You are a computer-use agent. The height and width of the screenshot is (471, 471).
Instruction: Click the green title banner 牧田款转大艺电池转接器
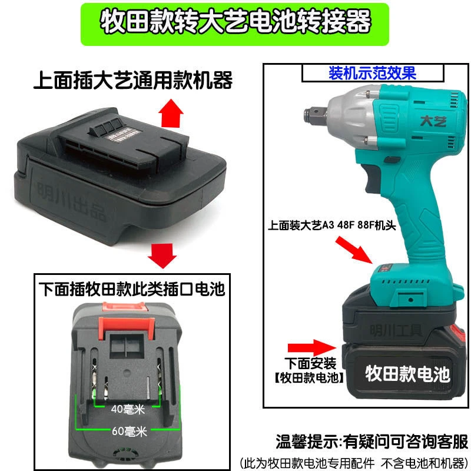point(235,24)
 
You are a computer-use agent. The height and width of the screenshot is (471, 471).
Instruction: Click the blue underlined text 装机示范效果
point(372,74)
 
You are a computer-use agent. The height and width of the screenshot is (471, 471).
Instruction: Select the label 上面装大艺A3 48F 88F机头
point(319,224)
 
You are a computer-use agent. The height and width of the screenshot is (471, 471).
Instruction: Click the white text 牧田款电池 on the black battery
point(407,373)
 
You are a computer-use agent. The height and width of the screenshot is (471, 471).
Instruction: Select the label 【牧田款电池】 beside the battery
point(313,377)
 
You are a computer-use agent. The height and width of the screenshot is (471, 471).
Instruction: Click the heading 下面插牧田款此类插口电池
point(131,289)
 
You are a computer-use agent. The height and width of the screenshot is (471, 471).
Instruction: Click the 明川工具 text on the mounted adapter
point(394,327)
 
